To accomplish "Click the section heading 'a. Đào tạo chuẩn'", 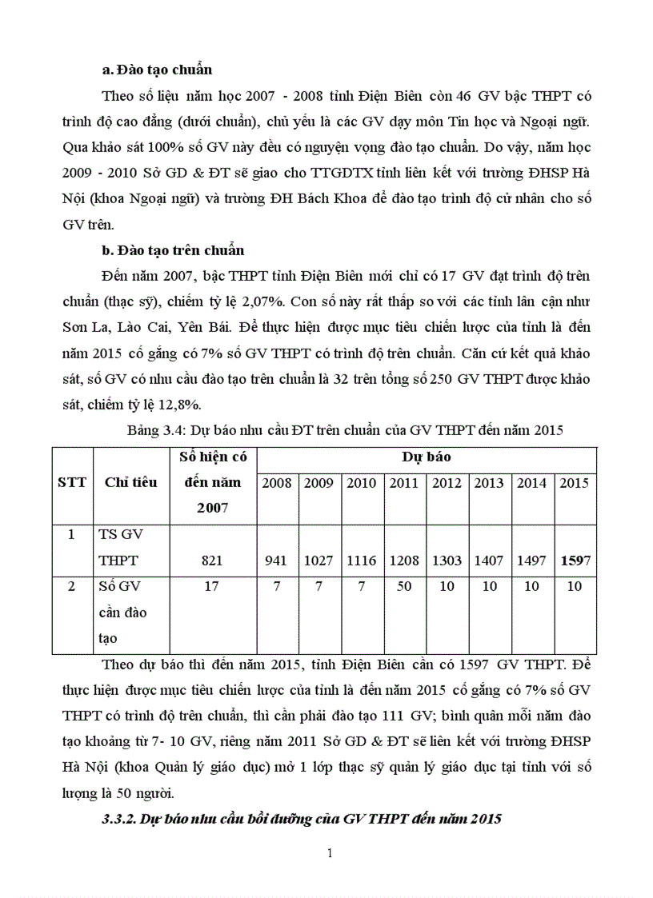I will [158, 70].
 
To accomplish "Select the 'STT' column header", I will [72, 482].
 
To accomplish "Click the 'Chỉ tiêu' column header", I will [131, 482].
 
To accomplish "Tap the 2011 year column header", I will [403, 483].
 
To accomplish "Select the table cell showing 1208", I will [403, 561].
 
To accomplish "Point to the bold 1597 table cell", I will [575, 561].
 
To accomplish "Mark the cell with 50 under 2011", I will [403, 587].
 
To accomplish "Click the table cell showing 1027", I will [318, 561].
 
